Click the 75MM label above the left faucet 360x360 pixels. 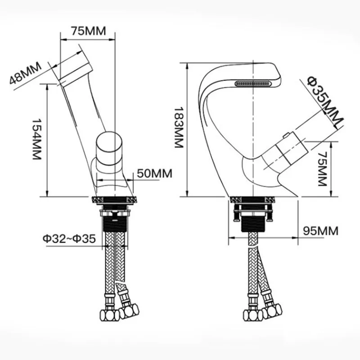pyautogui.click(x=88, y=31)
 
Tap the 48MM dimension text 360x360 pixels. pyautogui.click(x=25, y=73)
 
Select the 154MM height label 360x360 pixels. pyautogui.click(x=36, y=139)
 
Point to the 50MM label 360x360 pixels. pyautogui.click(x=154, y=173)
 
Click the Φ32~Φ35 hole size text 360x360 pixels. pyautogui.click(x=69, y=238)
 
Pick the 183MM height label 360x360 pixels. pyautogui.click(x=179, y=127)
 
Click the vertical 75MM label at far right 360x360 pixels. pyautogui.click(x=322, y=169)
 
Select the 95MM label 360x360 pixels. pyautogui.click(x=320, y=231)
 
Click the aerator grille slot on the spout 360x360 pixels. pyautogui.click(x=253, y=83)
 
